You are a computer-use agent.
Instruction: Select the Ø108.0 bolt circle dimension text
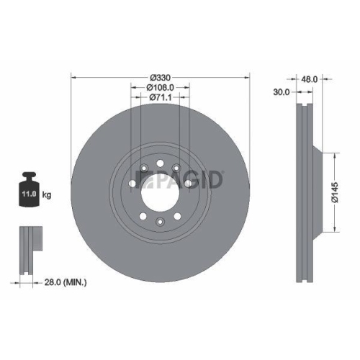(159, 87)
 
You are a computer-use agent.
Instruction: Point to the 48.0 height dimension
(310, 80)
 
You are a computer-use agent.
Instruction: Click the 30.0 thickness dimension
(282, 92)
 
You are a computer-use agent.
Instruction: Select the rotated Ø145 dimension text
(333, 192)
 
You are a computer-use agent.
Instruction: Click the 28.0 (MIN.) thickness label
(66, 284)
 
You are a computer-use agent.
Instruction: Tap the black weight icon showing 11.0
(29, 189)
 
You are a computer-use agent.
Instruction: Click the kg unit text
(48, 194)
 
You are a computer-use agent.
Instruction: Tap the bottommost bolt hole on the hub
(159, 222)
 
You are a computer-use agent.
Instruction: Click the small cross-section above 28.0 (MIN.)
(27, 248)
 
